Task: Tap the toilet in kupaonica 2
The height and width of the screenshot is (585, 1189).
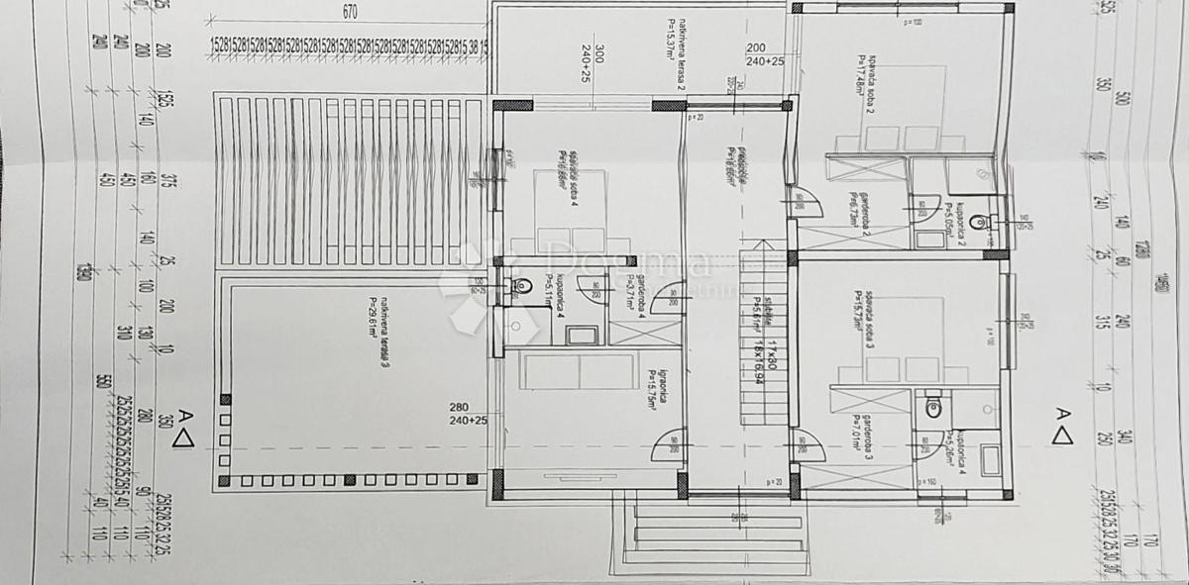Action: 978,222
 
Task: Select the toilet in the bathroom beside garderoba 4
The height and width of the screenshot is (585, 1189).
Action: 516,288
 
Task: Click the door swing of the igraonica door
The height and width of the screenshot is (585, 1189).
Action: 666,450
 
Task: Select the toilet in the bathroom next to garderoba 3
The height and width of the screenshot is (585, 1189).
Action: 931,406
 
